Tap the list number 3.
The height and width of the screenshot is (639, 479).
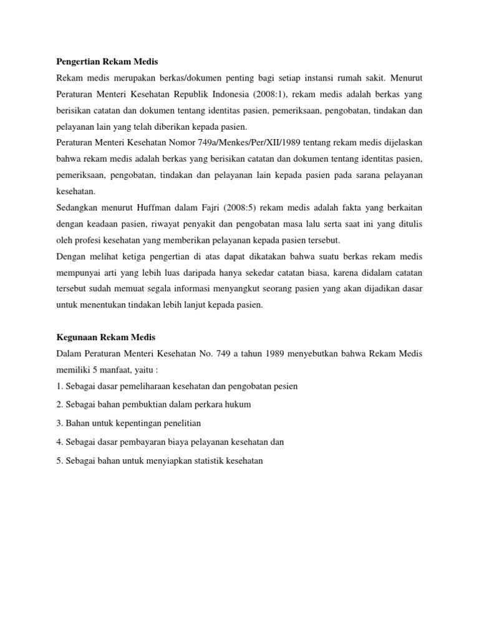[x=59, y=423]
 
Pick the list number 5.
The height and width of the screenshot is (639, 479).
[x=59, y=461]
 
